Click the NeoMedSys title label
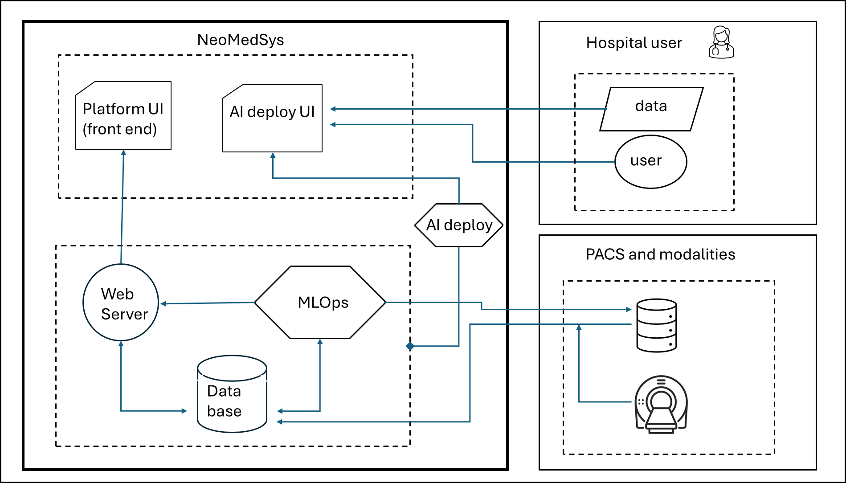click(241, 40)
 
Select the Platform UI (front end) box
click(123, 116)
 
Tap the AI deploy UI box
click(272, 119)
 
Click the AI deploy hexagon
click(459, 225)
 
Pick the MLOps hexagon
click(320, 303)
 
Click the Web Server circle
click(121, 303)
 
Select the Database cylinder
click(232, 394)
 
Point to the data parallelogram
click(651, 109)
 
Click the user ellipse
click(650, 161)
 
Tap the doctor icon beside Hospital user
click(721, 42)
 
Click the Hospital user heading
click(634, 43)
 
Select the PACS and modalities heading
click(660, 254)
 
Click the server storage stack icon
click(657, 325)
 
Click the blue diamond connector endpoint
click(410, 346)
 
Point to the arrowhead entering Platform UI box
click(124, 153)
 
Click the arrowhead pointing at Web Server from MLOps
click(163, 304)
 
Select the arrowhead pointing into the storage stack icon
click(629, 309)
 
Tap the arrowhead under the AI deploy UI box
click(273, 156)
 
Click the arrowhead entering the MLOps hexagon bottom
click(320, 342)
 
